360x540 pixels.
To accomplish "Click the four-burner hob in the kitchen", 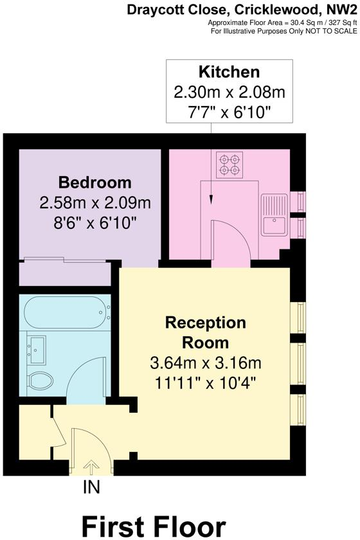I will point(229,165).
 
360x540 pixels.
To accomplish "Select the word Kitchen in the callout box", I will point(229,71).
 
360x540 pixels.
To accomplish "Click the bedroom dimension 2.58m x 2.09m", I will point(94,203).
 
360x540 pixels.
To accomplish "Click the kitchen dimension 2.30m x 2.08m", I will point(229,92).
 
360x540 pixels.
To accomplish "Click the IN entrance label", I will point(91,488).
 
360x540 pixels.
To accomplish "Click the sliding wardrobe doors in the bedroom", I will point(64,260).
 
